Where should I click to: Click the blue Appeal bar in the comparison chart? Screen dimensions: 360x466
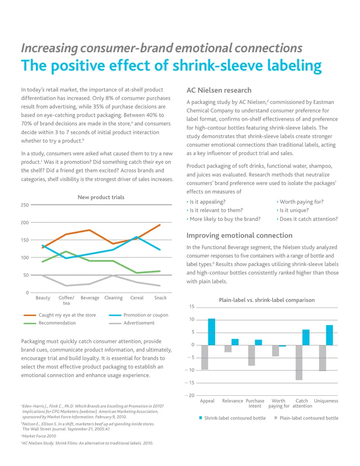click(211, 332)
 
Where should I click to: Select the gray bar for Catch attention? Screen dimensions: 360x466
click(299, 362)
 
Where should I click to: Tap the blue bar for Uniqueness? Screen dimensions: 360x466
click(329, 335)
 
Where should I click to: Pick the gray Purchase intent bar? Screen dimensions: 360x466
click(252, 355)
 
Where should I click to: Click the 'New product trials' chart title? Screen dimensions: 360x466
click(101, 197)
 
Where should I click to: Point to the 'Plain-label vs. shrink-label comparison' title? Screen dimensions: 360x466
click(267, 300)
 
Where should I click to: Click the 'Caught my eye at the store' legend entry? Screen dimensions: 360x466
click(60, 315)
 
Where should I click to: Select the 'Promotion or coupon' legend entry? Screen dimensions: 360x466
click(139, 315)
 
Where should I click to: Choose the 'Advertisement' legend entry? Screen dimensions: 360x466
click(131, 323)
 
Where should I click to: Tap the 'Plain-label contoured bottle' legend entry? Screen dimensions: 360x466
click(306, 418)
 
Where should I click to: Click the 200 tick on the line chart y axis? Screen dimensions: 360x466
click(25, 222)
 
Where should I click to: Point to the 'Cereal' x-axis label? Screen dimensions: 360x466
click(137, 298)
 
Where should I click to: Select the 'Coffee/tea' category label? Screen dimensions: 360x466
click(66, 300)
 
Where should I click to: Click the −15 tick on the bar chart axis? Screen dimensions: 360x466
click(189, 383)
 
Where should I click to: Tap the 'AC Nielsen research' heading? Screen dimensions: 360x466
click(219, 90)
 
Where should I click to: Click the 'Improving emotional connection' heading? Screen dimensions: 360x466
click(239, 235)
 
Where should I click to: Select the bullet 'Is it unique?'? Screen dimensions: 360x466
click(292, 210)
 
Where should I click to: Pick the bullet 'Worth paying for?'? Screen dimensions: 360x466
click(300, 202)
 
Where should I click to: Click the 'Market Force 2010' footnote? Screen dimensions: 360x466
click(39, 436)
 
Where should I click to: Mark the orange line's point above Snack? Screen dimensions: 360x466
click(160, 225)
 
